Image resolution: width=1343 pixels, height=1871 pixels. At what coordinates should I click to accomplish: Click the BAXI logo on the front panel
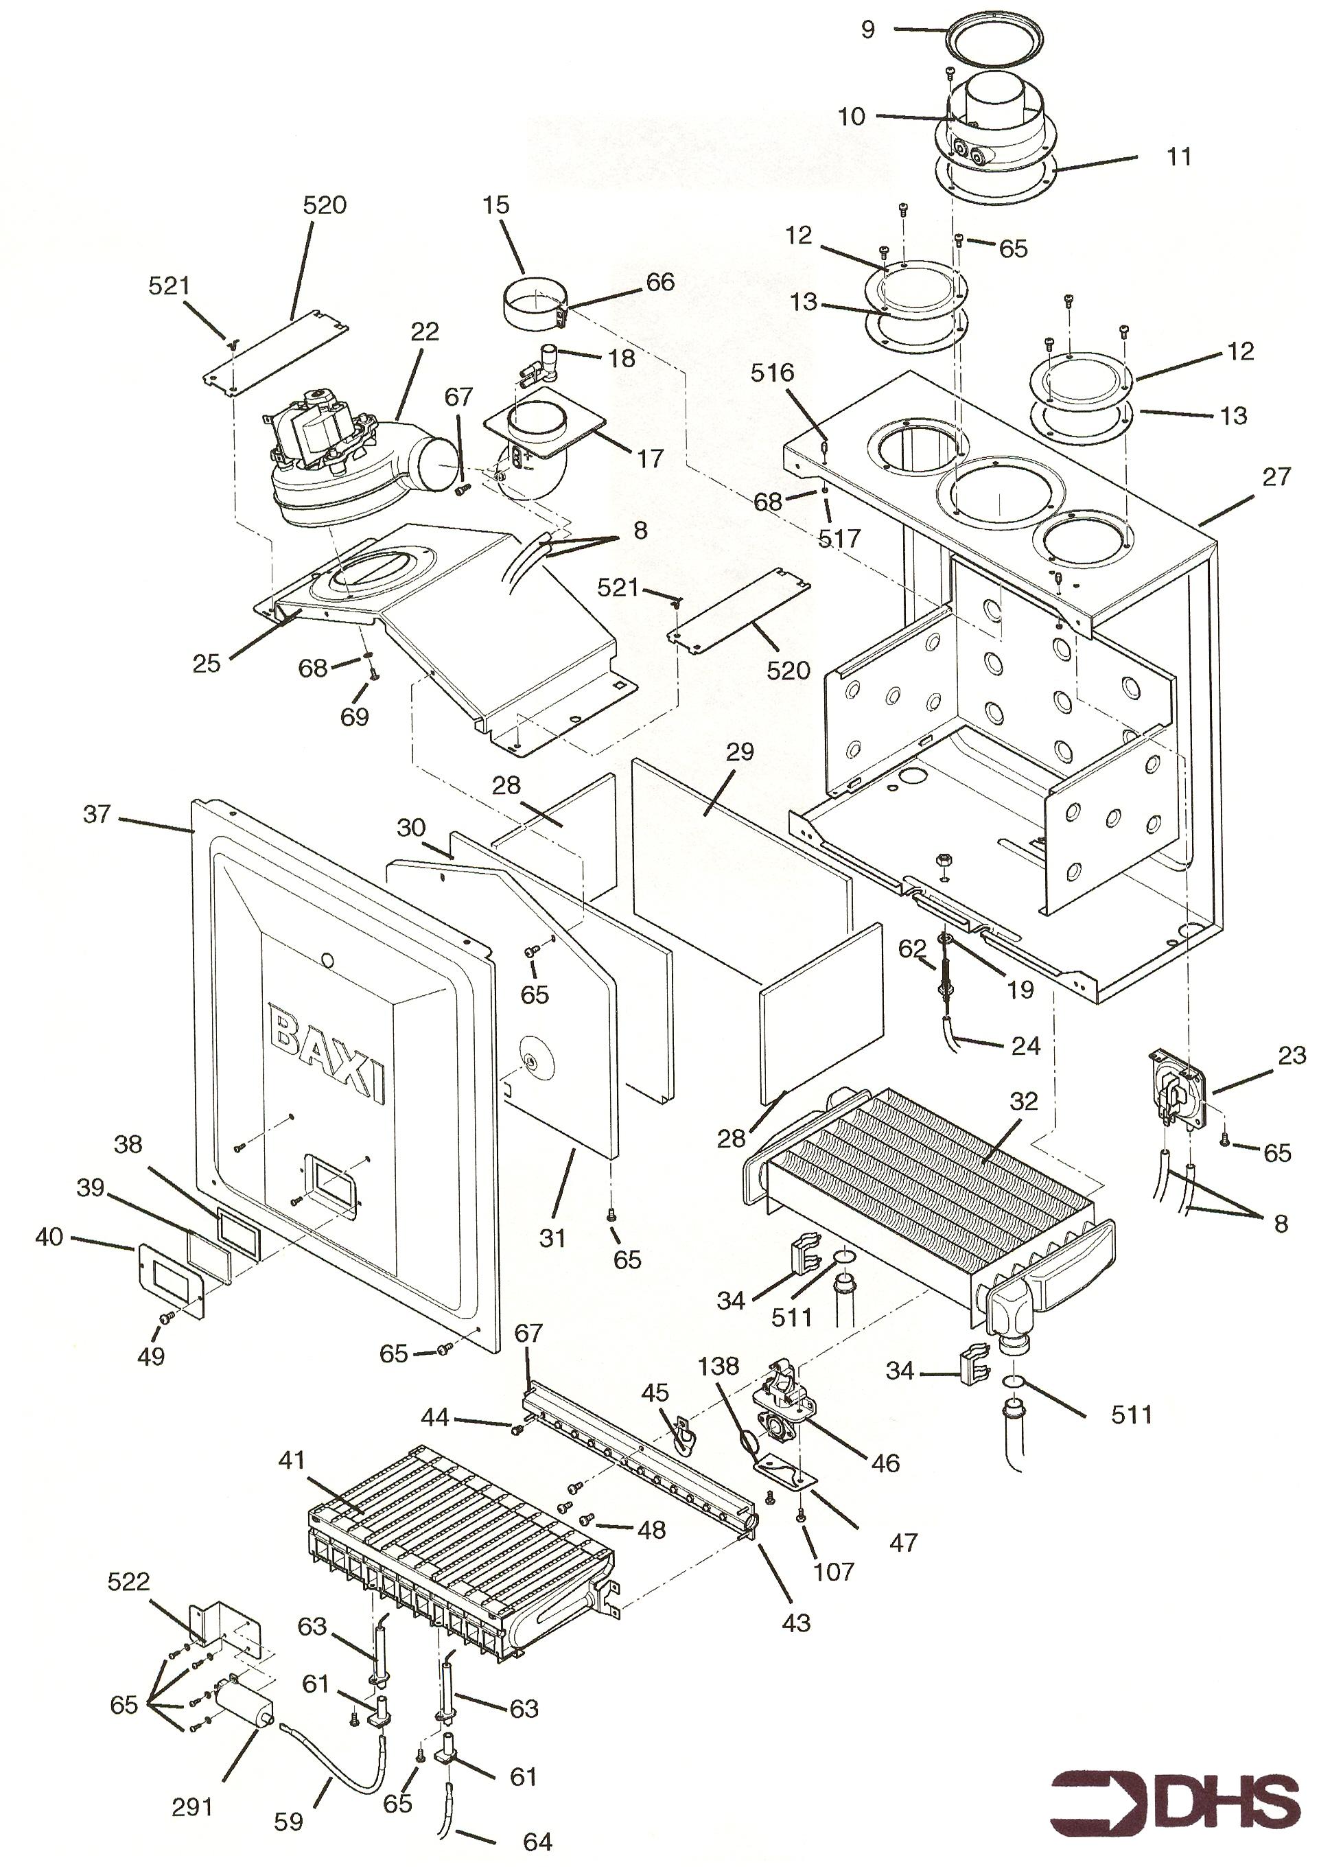click(x=328, y=1056)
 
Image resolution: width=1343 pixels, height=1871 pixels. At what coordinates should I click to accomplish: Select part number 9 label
click(x=867, y=30)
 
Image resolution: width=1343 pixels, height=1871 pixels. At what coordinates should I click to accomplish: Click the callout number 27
click(x=1275, y=477)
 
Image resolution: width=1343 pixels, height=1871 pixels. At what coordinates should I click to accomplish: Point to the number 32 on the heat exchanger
click(x=1023, y=1102)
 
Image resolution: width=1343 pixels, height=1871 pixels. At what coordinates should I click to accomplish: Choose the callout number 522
click(x=129, y=1581)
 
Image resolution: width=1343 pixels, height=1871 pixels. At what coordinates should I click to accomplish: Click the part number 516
click(x=771, y=373)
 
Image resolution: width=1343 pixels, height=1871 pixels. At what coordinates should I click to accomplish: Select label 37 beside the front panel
click(x=97, y=814)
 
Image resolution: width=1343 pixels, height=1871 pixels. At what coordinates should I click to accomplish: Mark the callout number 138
click(x=718, y=1366)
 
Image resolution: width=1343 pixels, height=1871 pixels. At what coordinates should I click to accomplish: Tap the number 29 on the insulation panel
click(x=740, y=752)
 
